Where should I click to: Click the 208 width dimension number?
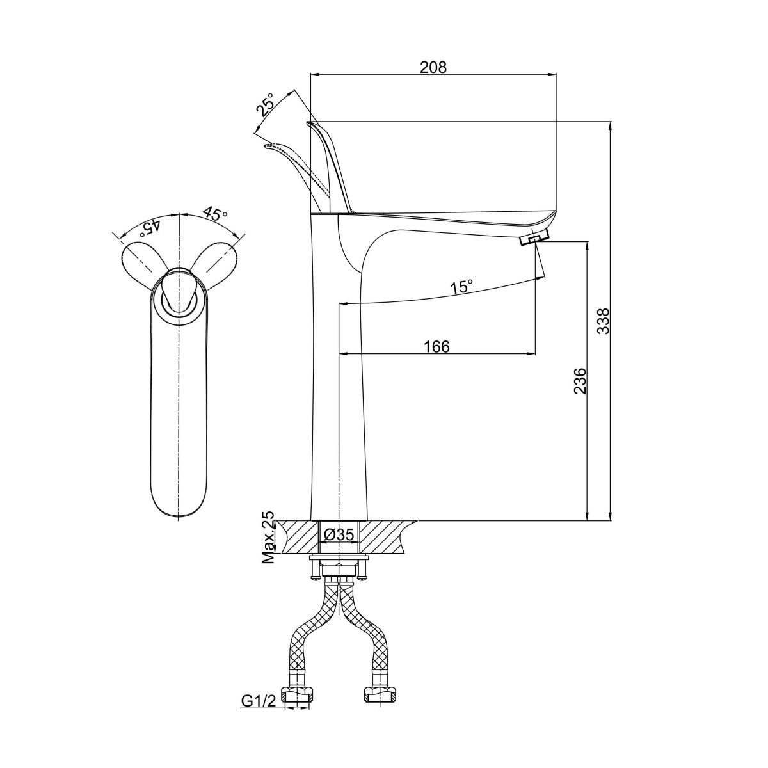tap(433, 67)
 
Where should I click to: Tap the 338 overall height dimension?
tap(604, 321)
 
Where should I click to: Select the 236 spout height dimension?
tap(580, 381)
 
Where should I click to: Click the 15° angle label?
tap(461, 286)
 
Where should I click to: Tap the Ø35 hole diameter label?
tap(339, 535)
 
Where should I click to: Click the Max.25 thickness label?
tap(269, 537)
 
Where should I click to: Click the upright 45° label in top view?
tap(215, 214)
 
